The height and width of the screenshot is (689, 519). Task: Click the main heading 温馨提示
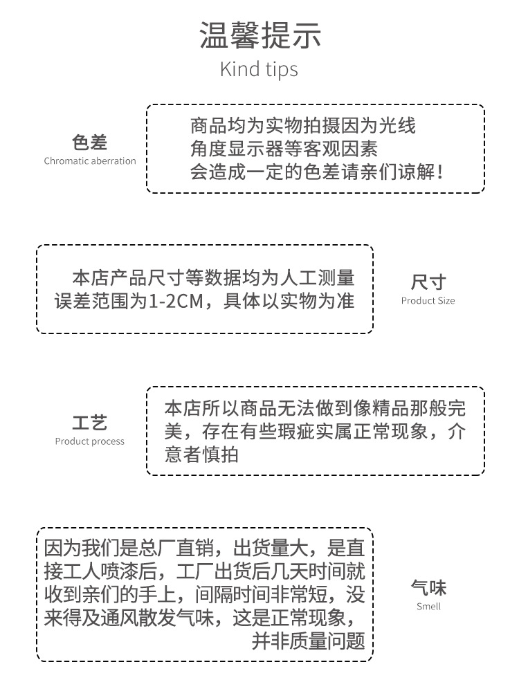259,35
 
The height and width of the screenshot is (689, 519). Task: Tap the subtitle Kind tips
259,70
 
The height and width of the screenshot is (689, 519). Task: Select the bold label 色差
90,143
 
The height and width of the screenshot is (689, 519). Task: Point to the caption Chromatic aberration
90,161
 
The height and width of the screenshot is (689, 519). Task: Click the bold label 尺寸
428,282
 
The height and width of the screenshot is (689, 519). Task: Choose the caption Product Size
428,301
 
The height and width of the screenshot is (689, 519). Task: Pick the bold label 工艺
90,423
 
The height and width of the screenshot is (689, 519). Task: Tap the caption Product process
90,441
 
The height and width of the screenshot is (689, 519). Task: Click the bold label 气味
428,588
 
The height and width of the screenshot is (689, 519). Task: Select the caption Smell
428,607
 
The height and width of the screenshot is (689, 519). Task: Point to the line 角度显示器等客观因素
284,149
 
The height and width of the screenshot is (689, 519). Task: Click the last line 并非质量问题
308,641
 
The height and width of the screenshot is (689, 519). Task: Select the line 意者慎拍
202,454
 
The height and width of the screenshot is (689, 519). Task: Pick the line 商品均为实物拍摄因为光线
303,126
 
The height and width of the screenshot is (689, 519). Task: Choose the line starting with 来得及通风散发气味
201,618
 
